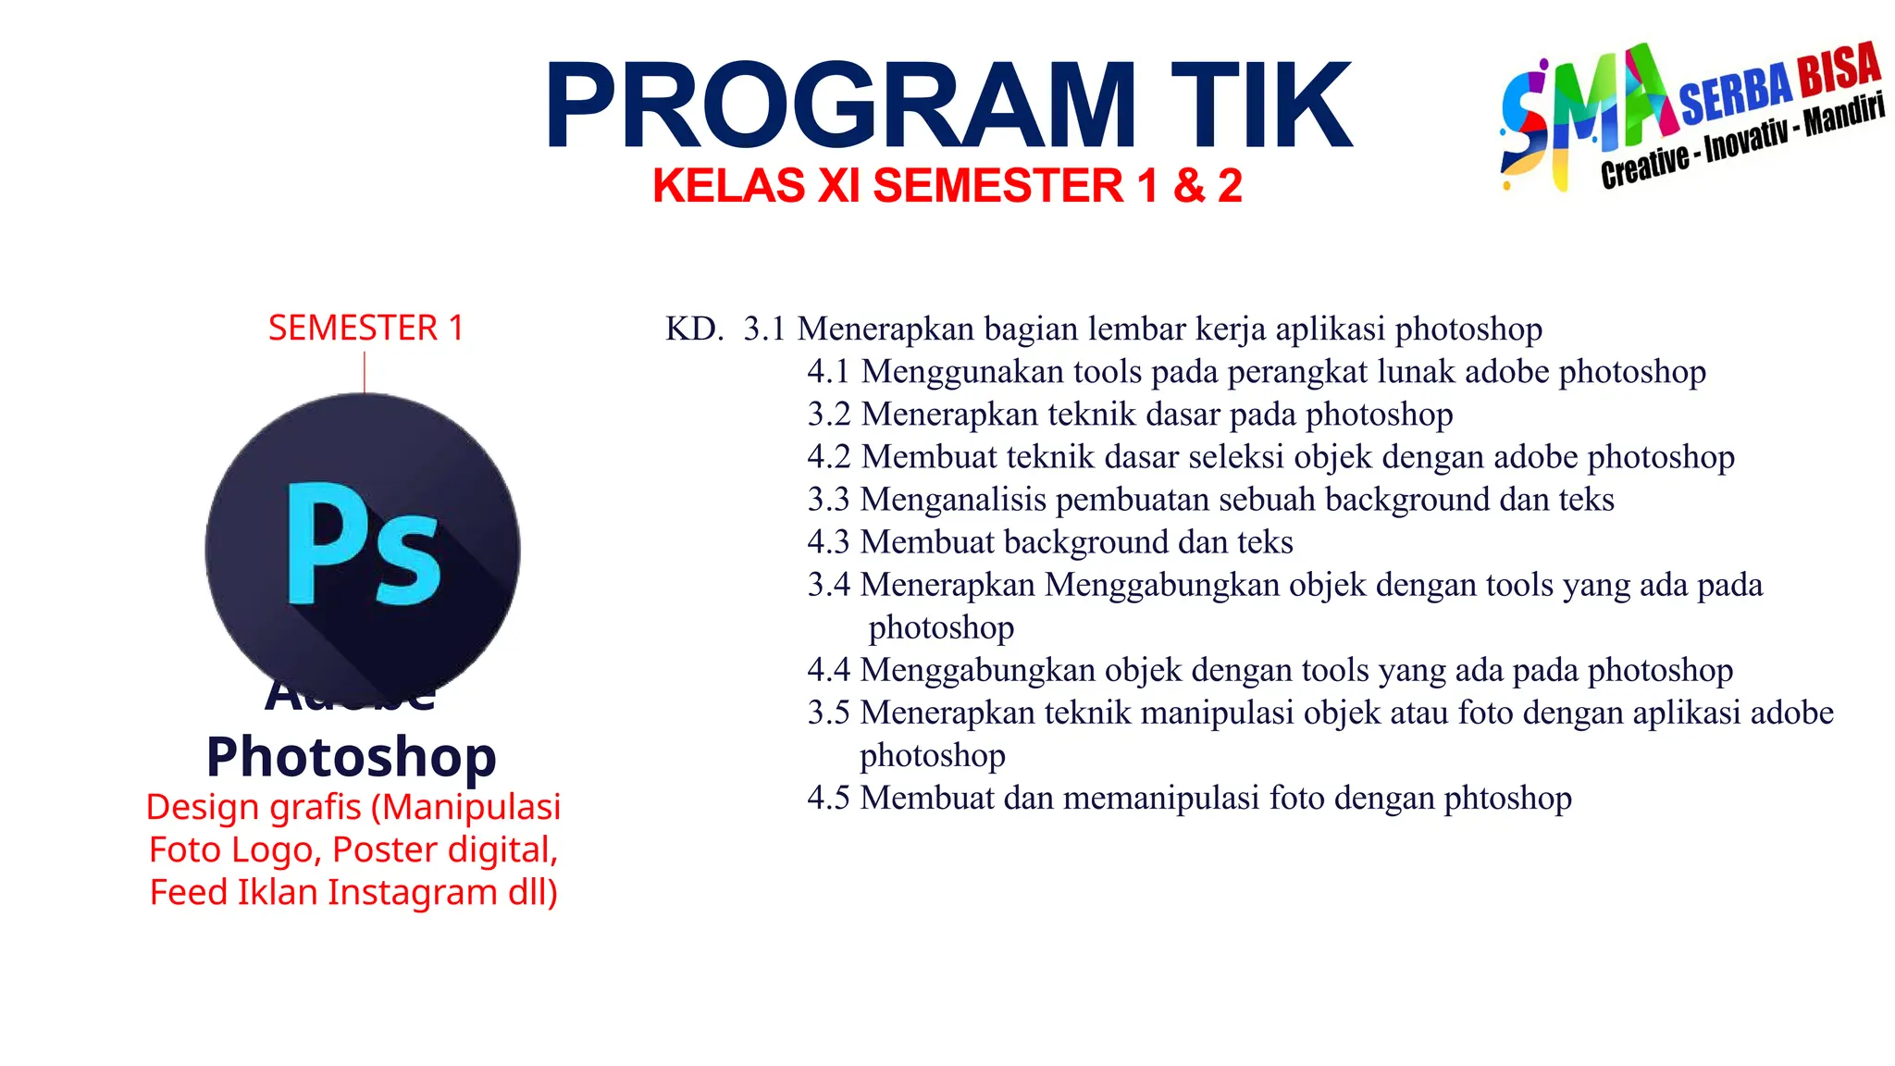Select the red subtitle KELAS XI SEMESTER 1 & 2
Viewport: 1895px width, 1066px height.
947,186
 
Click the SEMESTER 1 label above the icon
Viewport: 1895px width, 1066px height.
365,328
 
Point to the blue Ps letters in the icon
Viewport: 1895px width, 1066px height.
363,545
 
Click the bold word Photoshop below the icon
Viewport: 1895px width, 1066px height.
352,757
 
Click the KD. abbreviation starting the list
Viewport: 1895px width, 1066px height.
694,329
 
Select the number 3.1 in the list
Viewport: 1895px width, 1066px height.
764,329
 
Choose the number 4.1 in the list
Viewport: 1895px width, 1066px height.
828,372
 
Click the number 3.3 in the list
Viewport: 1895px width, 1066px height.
828,500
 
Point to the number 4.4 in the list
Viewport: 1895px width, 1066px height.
828,670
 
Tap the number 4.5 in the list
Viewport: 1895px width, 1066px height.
828,798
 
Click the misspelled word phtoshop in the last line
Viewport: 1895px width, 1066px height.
1507,799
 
